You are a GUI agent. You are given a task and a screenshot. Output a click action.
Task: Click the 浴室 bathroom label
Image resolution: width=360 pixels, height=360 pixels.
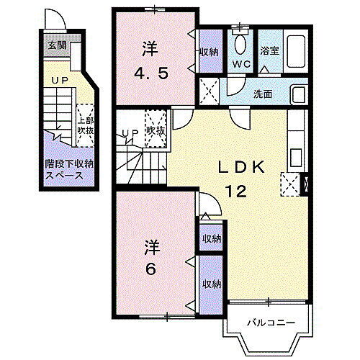click(269, 51)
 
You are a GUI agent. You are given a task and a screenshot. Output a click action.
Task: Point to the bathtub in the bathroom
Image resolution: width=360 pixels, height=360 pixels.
click(294, 51)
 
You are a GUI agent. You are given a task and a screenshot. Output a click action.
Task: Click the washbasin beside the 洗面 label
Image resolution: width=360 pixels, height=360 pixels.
click(298, 94)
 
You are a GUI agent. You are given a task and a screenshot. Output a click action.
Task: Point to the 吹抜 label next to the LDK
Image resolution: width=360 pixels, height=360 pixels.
click(156, 131)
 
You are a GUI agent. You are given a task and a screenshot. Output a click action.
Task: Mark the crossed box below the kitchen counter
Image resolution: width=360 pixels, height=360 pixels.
click(292, 184)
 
